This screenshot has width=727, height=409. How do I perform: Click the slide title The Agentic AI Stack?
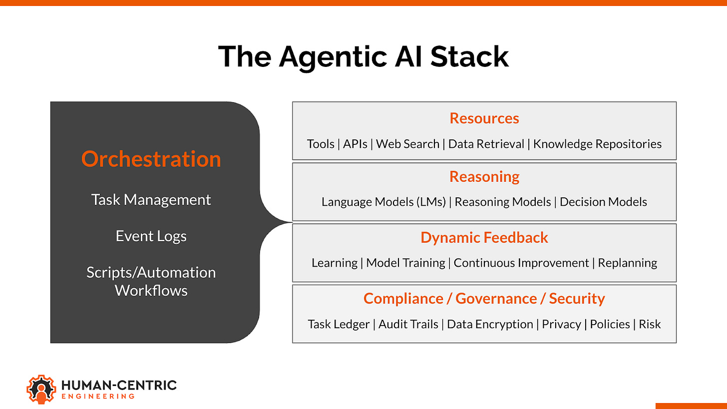point(363,56)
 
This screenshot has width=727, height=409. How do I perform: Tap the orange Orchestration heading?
point(151,159)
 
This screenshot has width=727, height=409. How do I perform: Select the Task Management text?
point(151,200)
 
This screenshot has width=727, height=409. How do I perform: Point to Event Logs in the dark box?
point(151,236)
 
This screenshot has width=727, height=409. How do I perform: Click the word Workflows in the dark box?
point(151,290)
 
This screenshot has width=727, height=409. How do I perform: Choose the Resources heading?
point(484,118)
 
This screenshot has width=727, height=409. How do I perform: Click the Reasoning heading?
point(484,176)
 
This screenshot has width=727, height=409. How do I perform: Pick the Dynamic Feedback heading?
point(484,237)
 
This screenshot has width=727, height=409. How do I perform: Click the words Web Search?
point(407,144)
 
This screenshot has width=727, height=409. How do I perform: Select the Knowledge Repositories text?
point(597,144)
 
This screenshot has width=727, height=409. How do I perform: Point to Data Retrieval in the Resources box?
point(486,144)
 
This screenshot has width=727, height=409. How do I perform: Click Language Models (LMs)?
point(383,202)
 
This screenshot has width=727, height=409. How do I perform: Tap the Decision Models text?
point(603,202)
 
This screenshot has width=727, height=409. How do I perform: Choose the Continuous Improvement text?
point(521,263)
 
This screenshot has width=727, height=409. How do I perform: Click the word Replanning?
point(627,263)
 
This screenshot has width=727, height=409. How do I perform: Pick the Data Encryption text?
point(490,324)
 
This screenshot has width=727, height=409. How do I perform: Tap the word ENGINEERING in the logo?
point(97,396)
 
